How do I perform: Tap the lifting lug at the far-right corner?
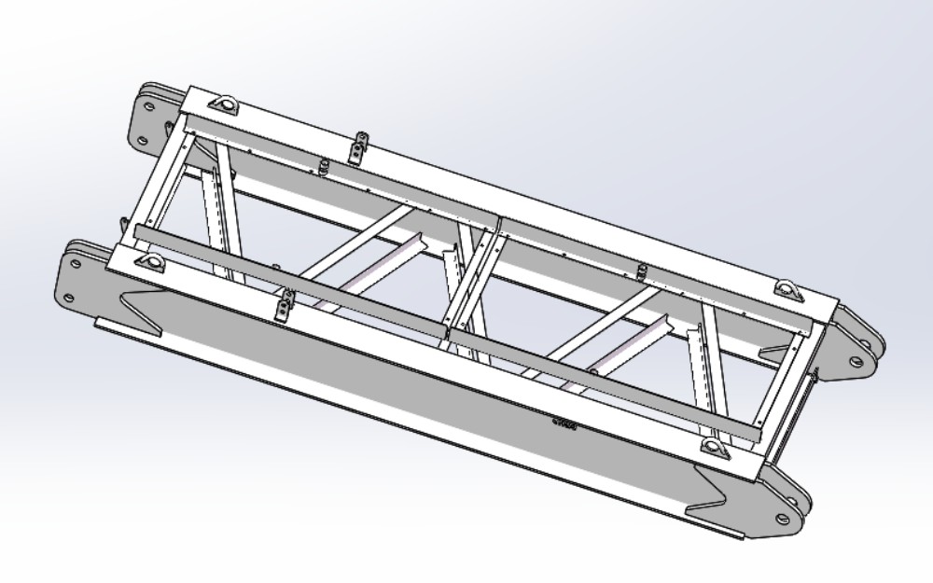(787, 290)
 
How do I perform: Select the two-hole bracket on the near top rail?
(285, 303)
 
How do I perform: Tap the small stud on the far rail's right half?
(641, 271)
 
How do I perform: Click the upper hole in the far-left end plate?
(149, 104)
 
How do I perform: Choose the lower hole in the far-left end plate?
(140, 141)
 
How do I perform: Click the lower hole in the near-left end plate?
(69, 299)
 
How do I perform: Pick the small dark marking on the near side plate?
(564, 424)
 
